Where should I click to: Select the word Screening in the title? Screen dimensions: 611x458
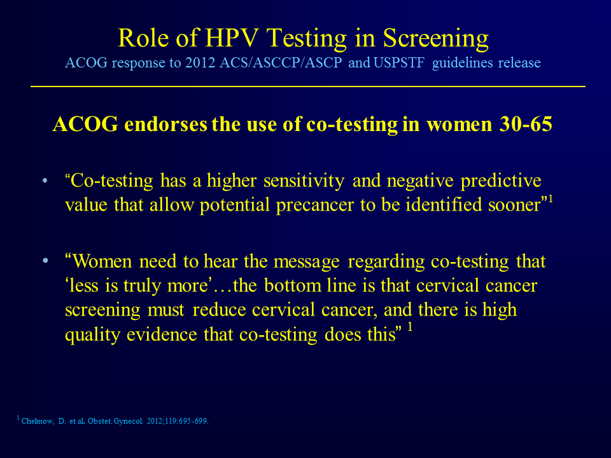tap(435, 39)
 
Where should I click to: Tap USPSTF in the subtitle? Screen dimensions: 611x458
tap(398, 63)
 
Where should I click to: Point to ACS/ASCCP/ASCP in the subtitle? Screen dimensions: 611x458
tap(281, 63)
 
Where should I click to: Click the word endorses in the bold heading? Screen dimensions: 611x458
tap(165, 124)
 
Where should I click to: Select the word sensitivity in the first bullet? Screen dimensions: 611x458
tap(304, 181)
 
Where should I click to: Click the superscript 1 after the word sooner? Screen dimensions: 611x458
tap(551, 198)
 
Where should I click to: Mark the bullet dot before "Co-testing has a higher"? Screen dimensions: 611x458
tap(45, 181)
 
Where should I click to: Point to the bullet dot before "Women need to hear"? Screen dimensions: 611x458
tap(45, 261)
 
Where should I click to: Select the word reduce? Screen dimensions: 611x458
tap(219, 310)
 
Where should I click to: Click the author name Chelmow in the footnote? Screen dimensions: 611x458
tap(38, 421)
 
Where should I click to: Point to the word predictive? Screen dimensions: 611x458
tap(501, 181)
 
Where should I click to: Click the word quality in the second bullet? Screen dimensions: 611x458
tap(92, 335)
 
